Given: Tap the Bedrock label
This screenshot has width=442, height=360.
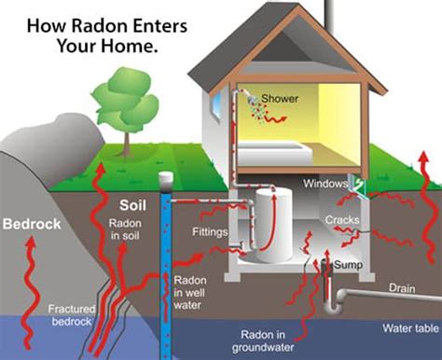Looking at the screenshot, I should coord(31,224).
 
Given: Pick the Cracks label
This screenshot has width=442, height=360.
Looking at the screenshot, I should coord(342,219).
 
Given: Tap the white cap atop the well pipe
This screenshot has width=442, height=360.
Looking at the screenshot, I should coord(167,177).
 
